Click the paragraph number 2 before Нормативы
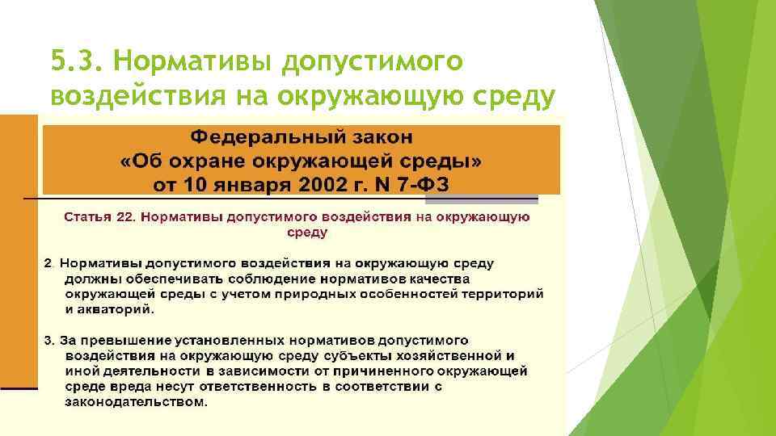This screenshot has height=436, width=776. [x=48, y=263]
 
